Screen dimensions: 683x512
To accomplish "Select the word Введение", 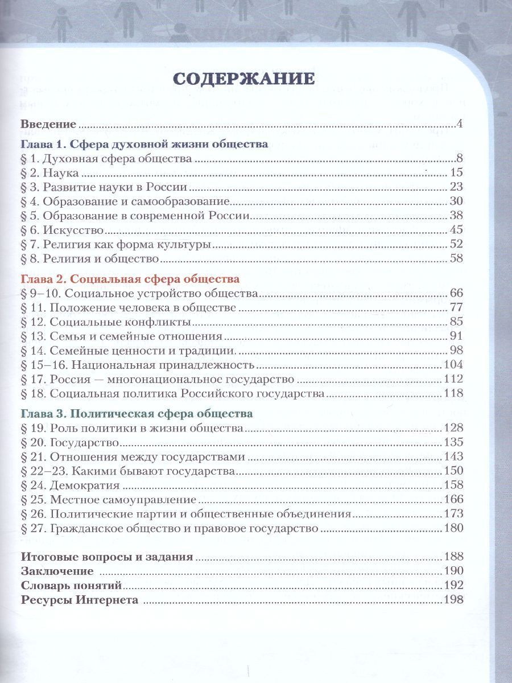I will coord(48,124).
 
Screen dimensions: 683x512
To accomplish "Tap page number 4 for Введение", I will coord(461,124).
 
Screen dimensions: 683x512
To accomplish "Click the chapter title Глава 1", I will coord(144,145).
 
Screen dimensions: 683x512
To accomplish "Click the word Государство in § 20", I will coord(84,442).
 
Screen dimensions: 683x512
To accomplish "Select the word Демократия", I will coord(85,485).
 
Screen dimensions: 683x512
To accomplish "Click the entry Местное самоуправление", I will coord(123,499).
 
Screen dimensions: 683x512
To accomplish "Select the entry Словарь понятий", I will coord(72,585).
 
